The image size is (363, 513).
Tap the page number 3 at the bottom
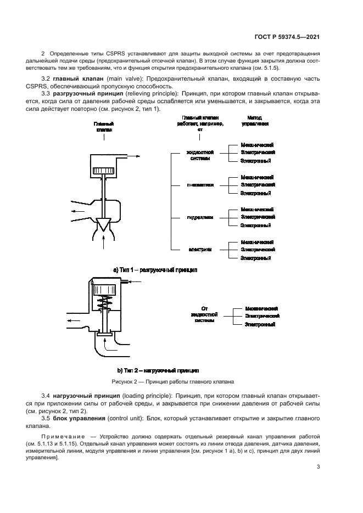[x=319, y=467]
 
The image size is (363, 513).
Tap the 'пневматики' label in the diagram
[x=202, y=185]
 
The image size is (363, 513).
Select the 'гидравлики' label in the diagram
[x=202, y=217]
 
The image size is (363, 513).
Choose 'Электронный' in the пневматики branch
[x=256, y=193]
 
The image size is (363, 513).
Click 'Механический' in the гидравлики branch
[x=257, y=210]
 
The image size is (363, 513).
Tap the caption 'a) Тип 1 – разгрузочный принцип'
[x=155, y=270]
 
